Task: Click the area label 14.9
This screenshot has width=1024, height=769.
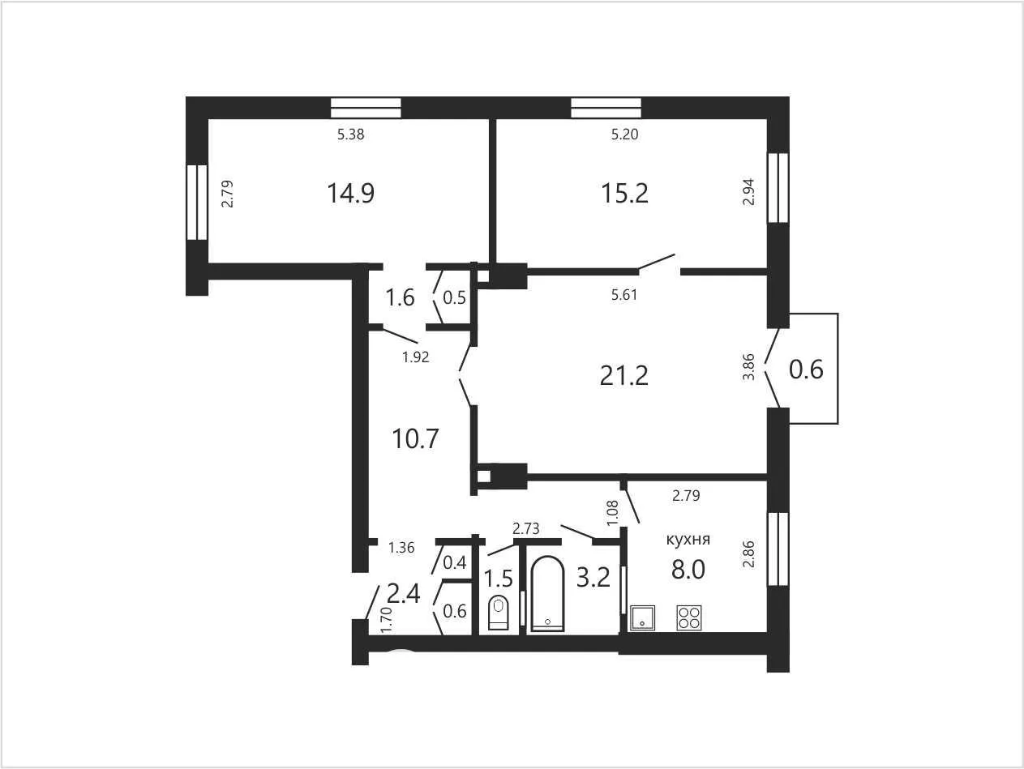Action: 351,193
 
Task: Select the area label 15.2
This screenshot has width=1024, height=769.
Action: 624,193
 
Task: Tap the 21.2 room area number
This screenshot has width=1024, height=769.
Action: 624,376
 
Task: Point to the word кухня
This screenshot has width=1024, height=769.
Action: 688,540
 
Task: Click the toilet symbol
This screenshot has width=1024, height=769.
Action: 499,613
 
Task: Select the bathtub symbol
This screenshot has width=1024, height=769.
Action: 548,594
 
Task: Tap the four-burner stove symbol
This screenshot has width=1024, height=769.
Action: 689,617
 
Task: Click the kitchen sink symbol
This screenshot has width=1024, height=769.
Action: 642,617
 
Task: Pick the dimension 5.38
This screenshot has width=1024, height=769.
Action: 351,135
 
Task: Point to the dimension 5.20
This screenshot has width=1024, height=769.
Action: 624,135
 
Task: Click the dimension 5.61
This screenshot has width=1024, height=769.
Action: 624,294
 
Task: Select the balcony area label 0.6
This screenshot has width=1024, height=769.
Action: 806,370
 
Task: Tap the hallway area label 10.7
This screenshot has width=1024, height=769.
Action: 416,438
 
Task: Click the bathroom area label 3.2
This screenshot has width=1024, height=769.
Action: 593,578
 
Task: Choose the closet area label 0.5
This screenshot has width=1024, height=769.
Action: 454,298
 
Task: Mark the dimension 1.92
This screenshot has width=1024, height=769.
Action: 416,357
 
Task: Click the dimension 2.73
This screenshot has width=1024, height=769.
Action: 525,528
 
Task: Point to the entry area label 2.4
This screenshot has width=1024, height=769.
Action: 404,595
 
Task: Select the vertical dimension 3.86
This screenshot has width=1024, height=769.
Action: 748,367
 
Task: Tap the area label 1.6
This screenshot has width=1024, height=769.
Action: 401,297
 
